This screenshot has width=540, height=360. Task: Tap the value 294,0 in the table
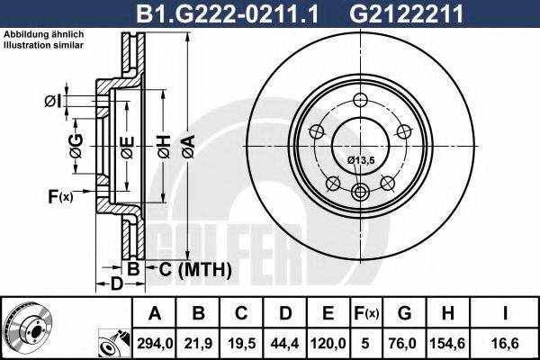[154, 342]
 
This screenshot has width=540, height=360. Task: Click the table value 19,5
[241, 342]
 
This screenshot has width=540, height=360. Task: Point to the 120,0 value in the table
[329, 342]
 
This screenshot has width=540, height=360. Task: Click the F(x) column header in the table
[366, 313]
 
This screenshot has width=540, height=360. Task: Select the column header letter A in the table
[154, 313]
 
